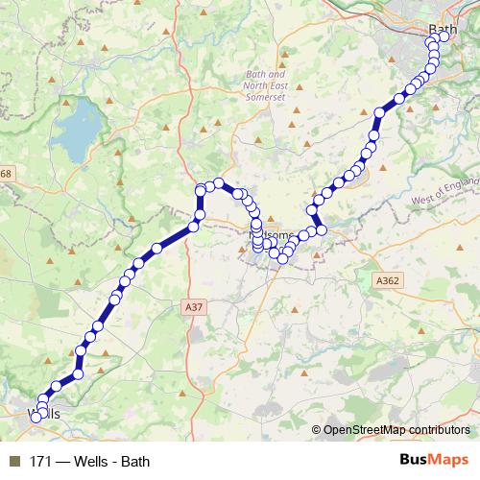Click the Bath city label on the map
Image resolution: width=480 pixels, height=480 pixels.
[x=444, y=30]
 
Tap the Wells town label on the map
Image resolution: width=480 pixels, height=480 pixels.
[x=45, y=414]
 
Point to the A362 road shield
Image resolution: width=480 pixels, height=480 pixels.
[x=387, y=279]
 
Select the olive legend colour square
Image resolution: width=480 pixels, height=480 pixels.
[x=14, y=461]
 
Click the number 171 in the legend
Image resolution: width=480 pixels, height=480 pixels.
[x=41, y=461]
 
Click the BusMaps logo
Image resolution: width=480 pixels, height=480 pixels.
[x=433, y=460]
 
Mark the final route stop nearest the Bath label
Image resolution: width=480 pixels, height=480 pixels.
[x=444, y=37]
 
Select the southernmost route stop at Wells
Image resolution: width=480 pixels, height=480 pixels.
[x=36, y=417]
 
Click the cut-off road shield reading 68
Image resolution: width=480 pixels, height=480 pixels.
[x=6, y=173]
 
